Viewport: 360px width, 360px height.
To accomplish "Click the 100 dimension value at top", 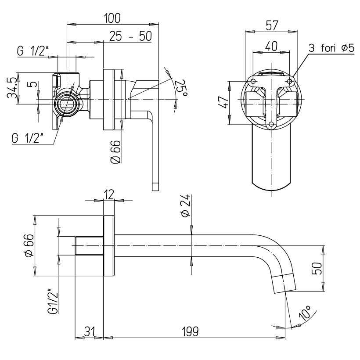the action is click(112, 18).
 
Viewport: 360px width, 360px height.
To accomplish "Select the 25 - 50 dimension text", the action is click(130, 36).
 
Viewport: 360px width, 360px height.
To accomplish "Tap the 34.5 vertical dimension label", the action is click(12, 88).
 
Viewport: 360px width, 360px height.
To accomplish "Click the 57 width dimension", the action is click(272, 25).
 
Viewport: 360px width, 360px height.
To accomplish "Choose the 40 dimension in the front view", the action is click(271, 46).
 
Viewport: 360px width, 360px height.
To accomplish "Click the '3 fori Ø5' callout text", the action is click(332, 48).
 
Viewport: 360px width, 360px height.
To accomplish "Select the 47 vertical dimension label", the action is click(224, 103).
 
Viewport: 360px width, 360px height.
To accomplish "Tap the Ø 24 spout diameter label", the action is click(186, 206).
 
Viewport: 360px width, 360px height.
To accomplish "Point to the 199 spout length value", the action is click(190, 331).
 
